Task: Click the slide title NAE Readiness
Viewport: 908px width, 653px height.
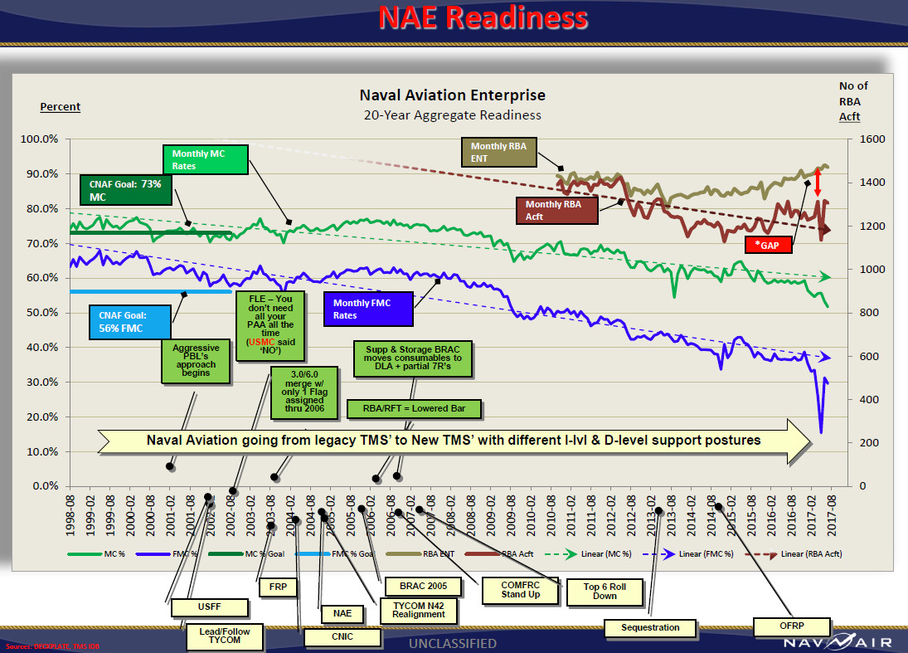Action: [483, 18]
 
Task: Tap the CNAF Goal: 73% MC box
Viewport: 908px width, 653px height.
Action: [125, 190]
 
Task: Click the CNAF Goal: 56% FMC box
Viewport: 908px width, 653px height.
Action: [129, 322]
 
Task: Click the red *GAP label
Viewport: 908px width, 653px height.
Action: [768, 245]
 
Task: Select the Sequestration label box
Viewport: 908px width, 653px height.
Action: [651, 628]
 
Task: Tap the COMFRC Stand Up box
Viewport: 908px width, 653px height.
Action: [520, 589]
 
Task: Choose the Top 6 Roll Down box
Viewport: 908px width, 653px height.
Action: [605, 591]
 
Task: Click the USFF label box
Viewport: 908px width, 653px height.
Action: [210, 607]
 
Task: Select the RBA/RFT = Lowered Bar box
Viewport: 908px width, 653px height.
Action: [414, 409]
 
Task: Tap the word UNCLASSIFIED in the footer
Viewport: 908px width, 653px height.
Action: [453, 643]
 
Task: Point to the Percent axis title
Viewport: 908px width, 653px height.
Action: [61, 107]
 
